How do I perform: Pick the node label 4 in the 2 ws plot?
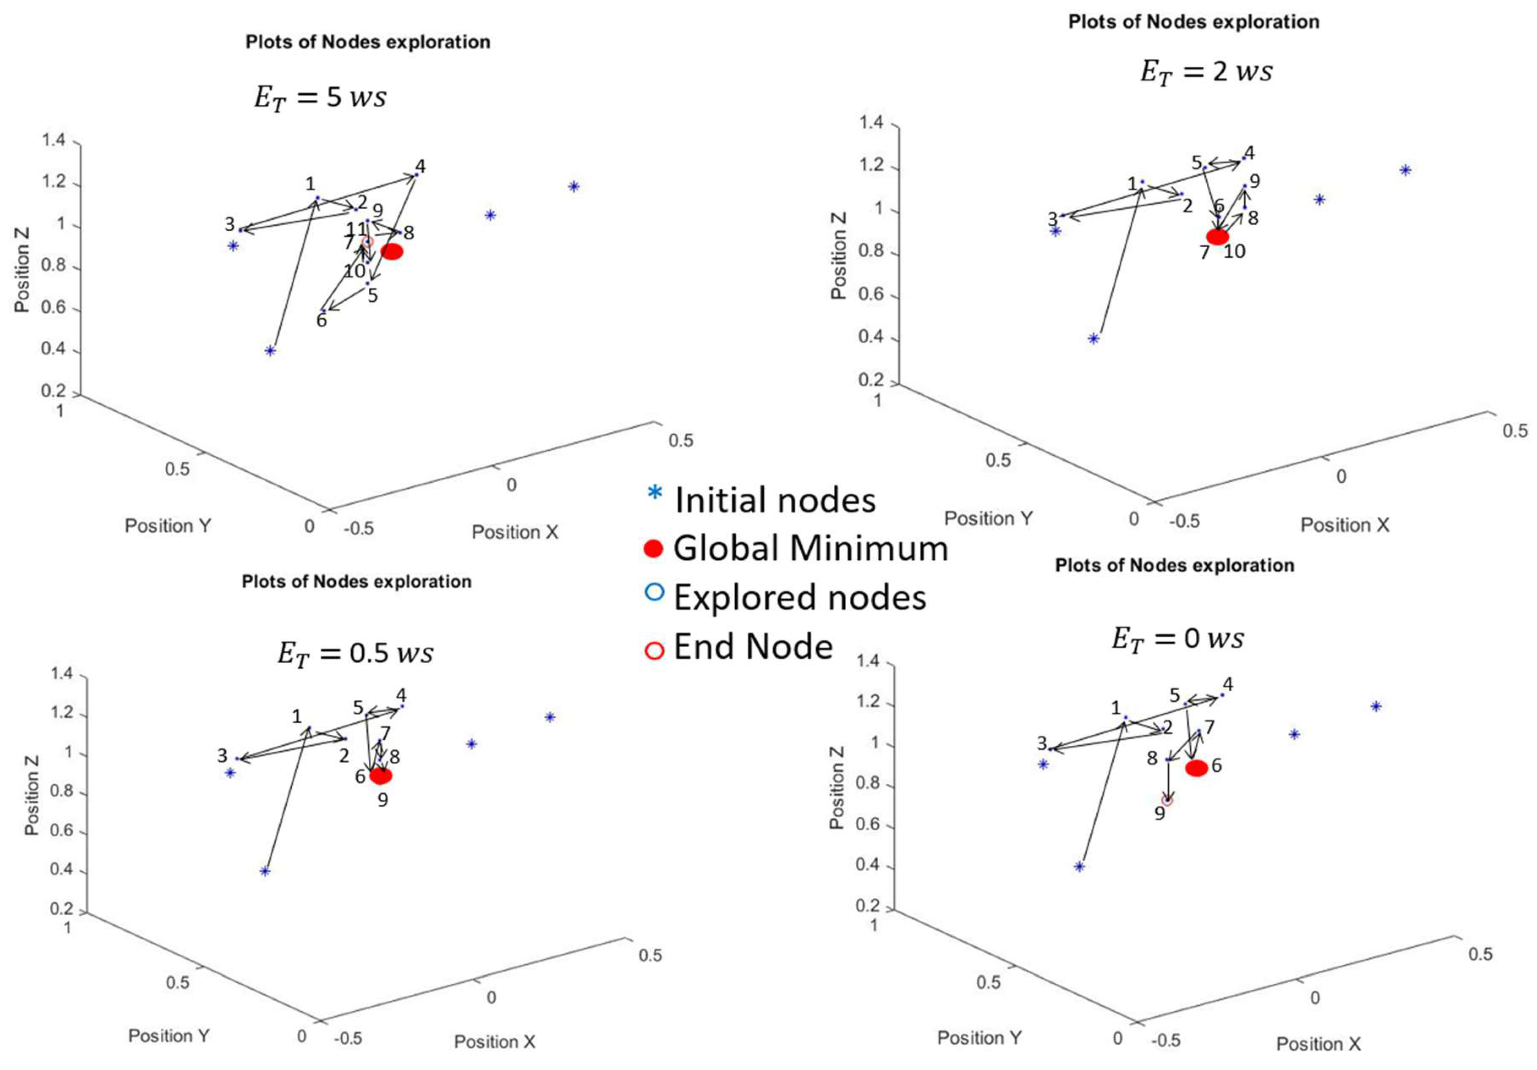[1249, 153]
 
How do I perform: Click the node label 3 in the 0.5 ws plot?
[222, 755]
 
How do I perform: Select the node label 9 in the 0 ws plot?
[1159, 814]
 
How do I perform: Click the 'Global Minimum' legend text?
[811, 548]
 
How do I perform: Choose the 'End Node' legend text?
[753, 646]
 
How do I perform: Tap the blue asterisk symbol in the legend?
[655, 494]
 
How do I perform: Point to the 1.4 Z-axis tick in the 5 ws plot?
[54, 140]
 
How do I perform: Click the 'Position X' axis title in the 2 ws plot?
[1344, 525]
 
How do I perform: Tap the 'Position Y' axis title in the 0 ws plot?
[979, 1038]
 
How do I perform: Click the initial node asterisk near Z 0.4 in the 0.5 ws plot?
[265, 871]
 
